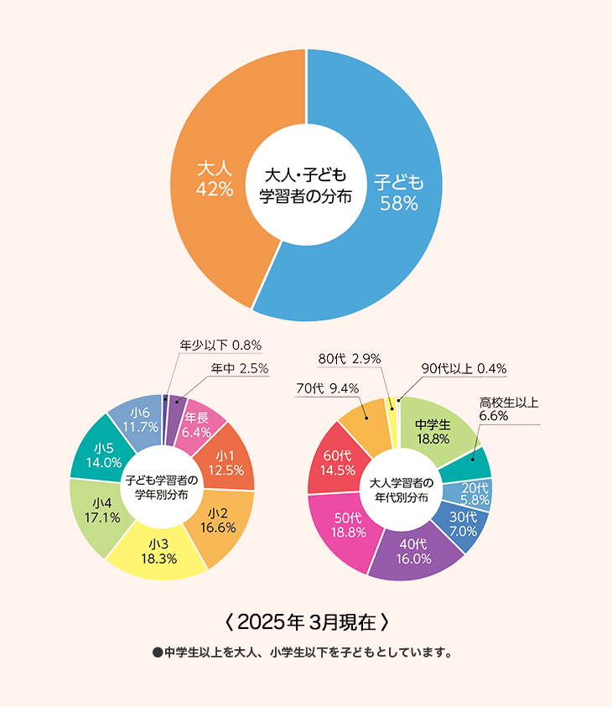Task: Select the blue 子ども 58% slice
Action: pyautogui.click(x=398, y=192)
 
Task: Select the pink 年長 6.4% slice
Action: pyautogui.click(x=198, y=425)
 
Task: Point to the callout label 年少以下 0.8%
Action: pyautogui.click(x=221, y=345)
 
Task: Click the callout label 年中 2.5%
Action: pyautogui.click(x=240, y=368)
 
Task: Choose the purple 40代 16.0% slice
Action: pyautogui.click(x=415, y=551)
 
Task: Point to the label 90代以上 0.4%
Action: pyautogui.click(x=464, y=368)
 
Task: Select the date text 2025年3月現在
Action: pyautogui.click(x=307, y=622)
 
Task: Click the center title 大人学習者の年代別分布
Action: pyautogui.click(x=400, y=490)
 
